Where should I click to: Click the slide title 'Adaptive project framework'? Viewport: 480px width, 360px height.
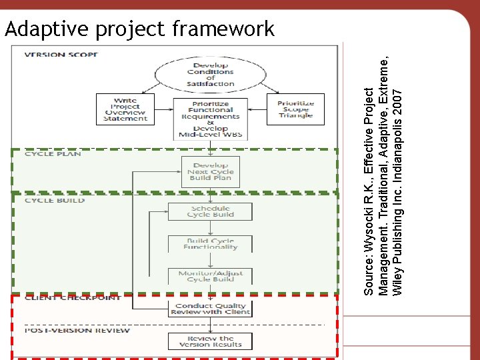point(139,29)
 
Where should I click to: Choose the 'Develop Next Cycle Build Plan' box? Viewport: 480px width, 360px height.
point(211,171)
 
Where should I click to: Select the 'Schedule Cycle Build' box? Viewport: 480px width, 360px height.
point(211,211)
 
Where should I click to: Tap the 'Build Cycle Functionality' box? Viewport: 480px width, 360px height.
point(211,244)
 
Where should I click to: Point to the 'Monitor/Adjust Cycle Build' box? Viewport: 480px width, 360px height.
point(211,275)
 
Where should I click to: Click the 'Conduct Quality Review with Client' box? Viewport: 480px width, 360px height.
point(211,309)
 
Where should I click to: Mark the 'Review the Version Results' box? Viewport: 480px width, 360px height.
point(211,341)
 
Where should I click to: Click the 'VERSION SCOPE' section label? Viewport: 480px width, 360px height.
point(61,54)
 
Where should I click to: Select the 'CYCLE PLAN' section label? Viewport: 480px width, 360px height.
point(53,154)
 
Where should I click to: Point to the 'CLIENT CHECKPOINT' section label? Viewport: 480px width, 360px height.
point(73,297)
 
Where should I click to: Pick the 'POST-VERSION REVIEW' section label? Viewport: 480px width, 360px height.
point(77,331)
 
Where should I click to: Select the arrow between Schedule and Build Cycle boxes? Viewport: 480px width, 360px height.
point(211,228)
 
